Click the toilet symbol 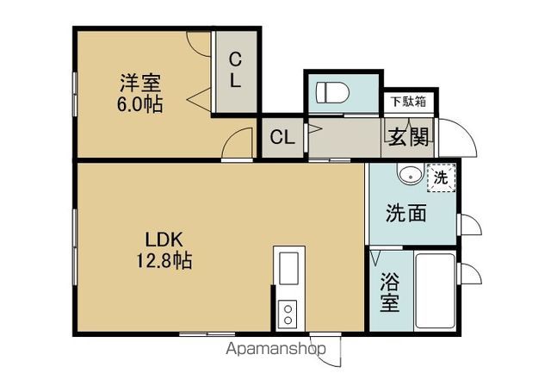[x=332, y=93]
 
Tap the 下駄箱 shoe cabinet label [x=409, y=102]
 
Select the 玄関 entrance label [x=409, y=137]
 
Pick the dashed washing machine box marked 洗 [x=442, y=177]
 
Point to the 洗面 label [x=406, y=213]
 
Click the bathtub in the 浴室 [x=435, y=291]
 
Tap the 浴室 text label [x=390, y=293]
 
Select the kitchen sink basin [x=288, y=269]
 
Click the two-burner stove [x=288, y=314]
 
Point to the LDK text [x=164, y=240]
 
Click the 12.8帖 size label [x=164, y=261]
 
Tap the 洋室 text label [x=140, y=83]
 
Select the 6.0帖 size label [x=139, y=103]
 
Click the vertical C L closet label [x=235, y=70]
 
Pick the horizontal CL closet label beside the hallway [x=282, y=137]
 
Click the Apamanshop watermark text [x=275, y=349]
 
